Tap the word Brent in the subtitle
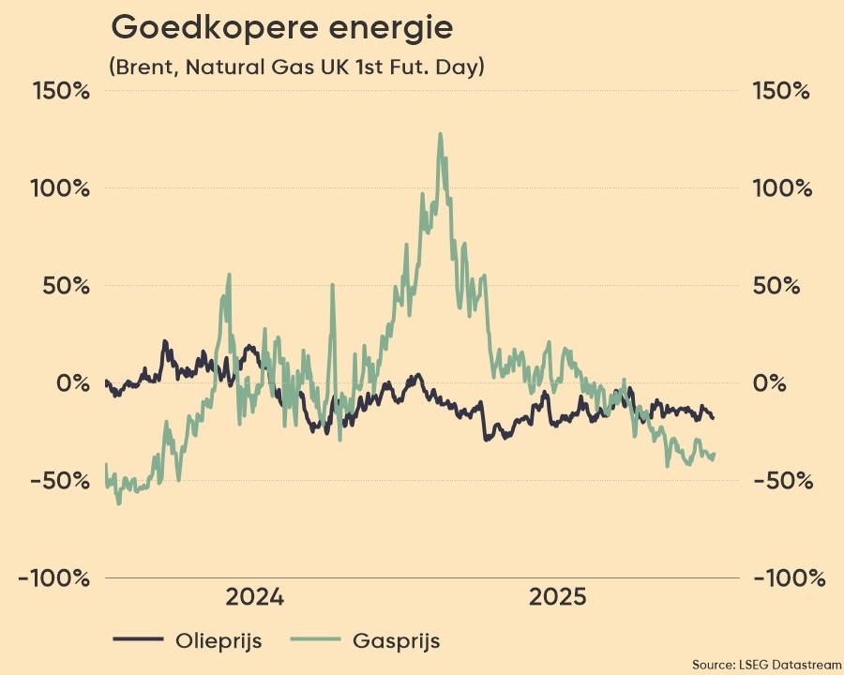click(142, 67)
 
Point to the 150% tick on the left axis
click(63, 92)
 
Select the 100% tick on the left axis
click(63, 188)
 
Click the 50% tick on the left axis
click(68, 286)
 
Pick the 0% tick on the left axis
click(76, 383)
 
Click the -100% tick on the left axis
click(55, 578)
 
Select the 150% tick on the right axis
click(781, 92)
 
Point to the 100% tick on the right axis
click(781, 188)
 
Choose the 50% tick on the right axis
click(776, 286)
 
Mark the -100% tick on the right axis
click(788, 578)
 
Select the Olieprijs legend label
click(219, 641)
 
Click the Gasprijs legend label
click(397, 641)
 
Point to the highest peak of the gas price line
click(439, 134)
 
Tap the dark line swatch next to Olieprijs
click(139, 641)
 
